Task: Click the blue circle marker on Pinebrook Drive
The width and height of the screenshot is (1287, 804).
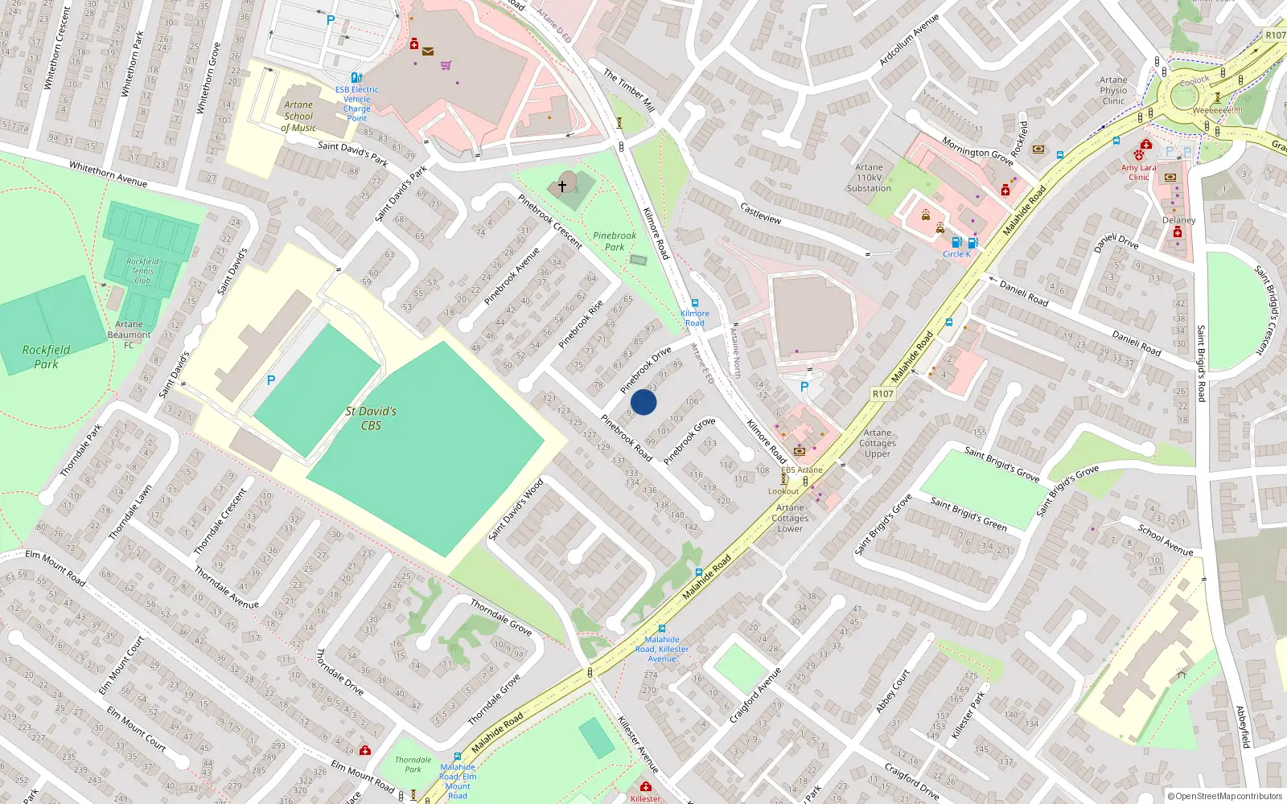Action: (643, 402)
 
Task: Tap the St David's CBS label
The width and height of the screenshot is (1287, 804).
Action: (371, 418)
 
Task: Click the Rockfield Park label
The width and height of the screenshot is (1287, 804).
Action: (46, 357)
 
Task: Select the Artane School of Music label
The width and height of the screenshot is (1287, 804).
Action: (298, 116)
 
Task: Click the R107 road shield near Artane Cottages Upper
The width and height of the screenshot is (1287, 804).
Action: (882, 394)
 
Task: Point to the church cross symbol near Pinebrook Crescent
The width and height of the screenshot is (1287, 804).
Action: (562, 186)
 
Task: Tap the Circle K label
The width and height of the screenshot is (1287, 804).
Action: (956, 254)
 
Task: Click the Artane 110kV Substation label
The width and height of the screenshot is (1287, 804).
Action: (869, 178)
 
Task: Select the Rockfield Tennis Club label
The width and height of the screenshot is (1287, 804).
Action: (142, 271)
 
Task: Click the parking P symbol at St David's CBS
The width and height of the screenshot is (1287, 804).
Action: (271, 380)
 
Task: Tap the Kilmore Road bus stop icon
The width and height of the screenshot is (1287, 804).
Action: (695, 303)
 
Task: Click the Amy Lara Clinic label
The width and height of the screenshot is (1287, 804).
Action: (1138, 172)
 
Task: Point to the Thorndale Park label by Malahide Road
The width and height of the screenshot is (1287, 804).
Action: (413, 765)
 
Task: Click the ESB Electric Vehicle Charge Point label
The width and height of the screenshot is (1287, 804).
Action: (356, 104)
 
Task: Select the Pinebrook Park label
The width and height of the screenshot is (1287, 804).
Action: (615, 241)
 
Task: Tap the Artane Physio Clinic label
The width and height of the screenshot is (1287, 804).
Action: (1113, 90)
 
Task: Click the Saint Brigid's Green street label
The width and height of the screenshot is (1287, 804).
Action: (968, 513)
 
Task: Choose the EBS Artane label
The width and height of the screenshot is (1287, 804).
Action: (802, 470)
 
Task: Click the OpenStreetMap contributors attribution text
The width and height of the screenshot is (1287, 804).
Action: (1224, 796)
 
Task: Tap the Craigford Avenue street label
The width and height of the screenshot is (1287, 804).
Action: (755, 695)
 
